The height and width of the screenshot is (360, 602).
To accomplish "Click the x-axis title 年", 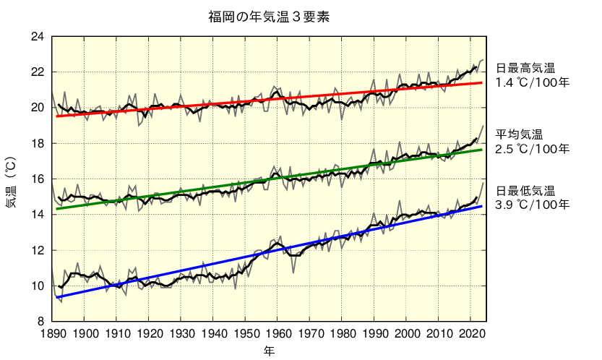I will tap(268, 351).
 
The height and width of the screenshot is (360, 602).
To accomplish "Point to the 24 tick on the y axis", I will tap(38, 37).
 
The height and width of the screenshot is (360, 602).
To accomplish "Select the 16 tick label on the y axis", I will tap(38, 179).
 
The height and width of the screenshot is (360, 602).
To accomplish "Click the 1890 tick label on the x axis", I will tap(52, 333).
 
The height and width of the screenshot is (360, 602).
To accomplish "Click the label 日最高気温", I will tap(525, 69).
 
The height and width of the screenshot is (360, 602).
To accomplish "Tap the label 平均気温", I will tap(519, 135).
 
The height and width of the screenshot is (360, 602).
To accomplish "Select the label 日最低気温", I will tap(525, 191).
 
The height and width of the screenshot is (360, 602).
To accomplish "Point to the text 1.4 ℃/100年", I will tap(533, 82).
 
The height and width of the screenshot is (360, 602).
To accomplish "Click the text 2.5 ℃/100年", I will tap(533, 149).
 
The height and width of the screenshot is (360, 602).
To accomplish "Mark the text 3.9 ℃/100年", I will tap(533, 205).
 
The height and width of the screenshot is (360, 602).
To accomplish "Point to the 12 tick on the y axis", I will tap(38, 250).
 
